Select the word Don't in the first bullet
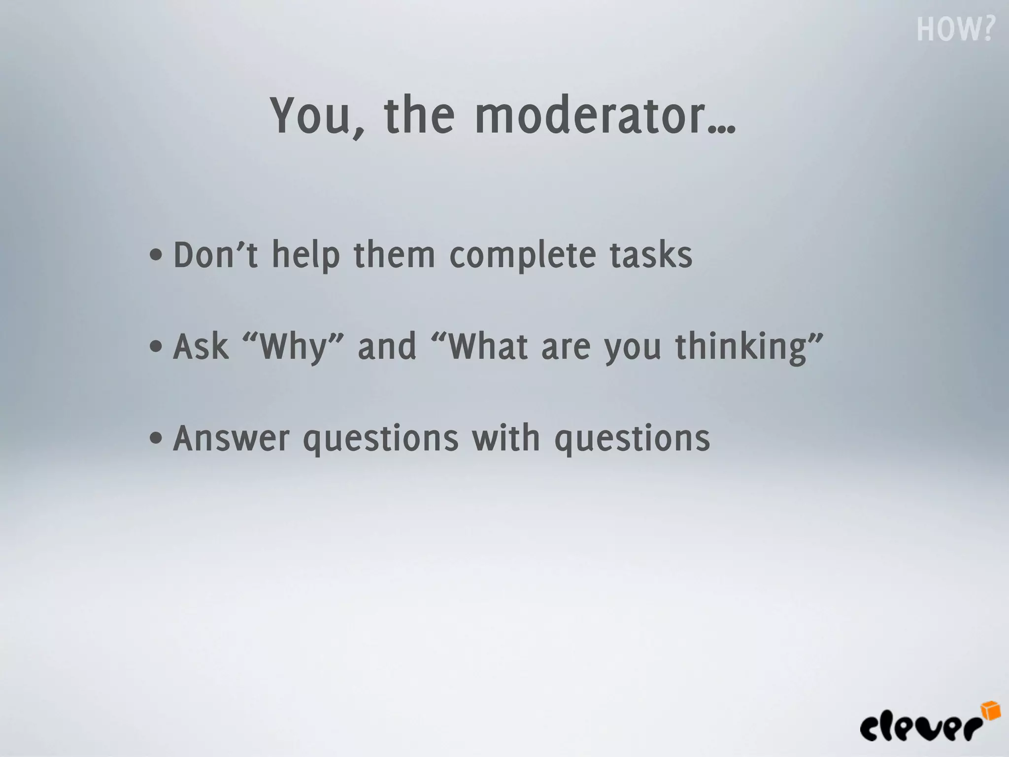tap(215, 255)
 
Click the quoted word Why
tap(294, 347)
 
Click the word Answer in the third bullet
tap(231, 438)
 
